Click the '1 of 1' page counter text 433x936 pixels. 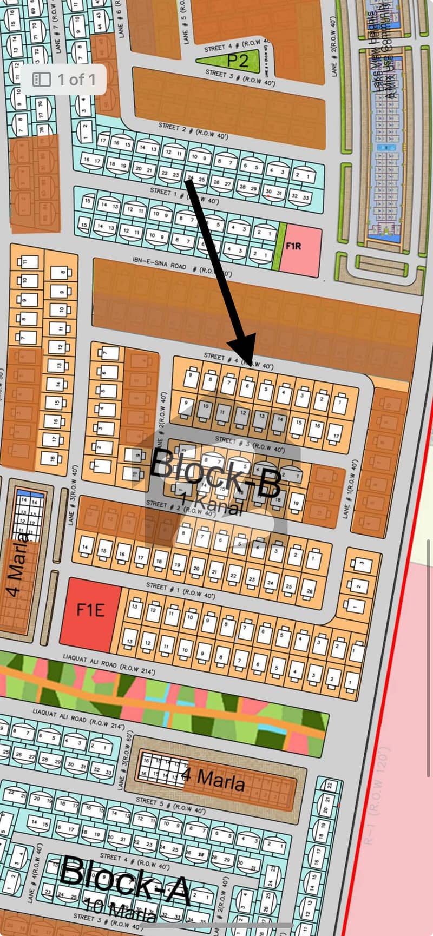76,80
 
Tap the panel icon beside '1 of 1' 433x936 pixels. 42,80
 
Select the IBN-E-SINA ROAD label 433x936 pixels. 159,263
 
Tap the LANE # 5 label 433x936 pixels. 186,27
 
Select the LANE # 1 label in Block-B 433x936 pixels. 351,490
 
